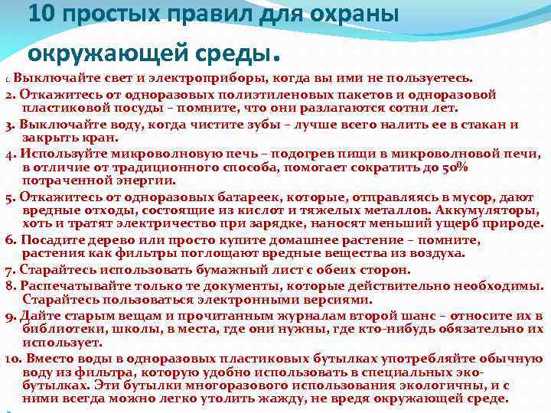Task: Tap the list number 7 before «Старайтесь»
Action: coord(9,269)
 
